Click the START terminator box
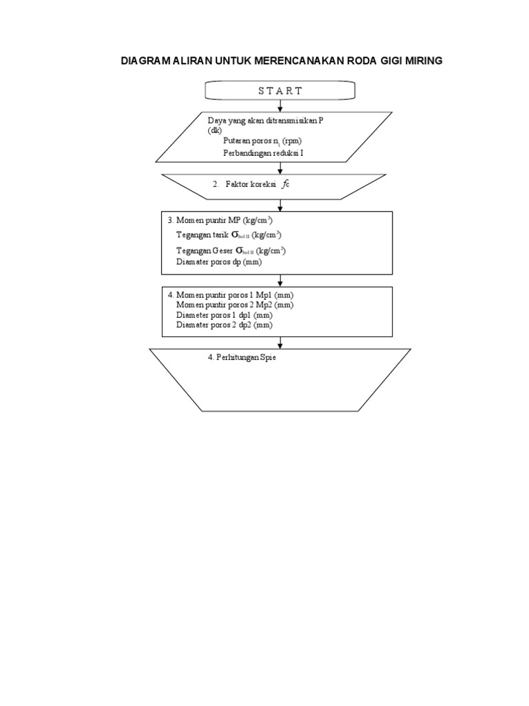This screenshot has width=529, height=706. click(x=280, y=90)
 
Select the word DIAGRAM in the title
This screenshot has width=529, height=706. click(x=147, y=61)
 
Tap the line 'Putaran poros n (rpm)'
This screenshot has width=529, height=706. click(x=262, y=141)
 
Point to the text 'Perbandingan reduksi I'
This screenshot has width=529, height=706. click(x=263, y=154)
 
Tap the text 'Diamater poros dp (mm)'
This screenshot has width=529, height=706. click(x=219, y=263)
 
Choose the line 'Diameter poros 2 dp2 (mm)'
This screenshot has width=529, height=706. click(x=225, y=323)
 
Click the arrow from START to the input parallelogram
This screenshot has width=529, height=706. click(x=280, y=105)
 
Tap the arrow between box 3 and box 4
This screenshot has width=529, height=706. click(x=280, y=279)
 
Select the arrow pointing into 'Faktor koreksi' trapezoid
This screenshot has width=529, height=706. click(x=280, y=168)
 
